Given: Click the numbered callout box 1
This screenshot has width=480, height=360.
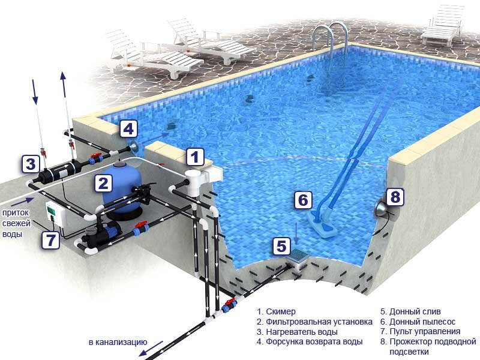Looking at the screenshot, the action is pos(195,157).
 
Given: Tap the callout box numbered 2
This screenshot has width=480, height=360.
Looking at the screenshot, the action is pos(103,183).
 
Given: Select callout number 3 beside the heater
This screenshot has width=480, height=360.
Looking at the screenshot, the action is pos(31,164).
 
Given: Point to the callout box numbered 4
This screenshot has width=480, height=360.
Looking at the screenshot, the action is pos(128,129).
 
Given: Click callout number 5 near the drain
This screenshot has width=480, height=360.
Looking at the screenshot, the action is pos(281,246).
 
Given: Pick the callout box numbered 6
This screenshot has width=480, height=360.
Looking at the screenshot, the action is pos(303,200).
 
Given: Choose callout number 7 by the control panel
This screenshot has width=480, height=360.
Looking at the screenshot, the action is pos(50,240).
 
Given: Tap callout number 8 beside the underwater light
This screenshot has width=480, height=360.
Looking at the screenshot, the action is pos(395,197).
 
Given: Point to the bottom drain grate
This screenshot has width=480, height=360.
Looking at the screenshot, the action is pos(296,254).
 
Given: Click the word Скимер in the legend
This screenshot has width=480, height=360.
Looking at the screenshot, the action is pos(281,311).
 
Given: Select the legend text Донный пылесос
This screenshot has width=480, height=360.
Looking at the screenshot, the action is pos(422,322).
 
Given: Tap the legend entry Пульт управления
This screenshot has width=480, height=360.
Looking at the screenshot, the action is pos(425,332).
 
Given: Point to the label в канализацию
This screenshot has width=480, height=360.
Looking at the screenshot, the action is pos(118,342).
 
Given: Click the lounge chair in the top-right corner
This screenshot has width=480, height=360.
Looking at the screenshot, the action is pos(443,25).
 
